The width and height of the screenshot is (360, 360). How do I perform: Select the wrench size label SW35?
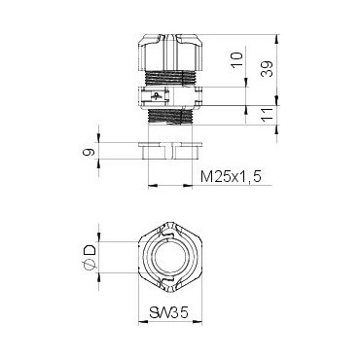tap(167, 314)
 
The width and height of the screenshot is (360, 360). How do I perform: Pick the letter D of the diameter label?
tap(90, 255)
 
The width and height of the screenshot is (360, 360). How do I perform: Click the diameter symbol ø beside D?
tap(90, 269)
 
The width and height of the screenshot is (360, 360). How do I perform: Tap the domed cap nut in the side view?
tap(166, 51)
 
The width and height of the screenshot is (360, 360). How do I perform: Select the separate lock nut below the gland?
tap(166, 150)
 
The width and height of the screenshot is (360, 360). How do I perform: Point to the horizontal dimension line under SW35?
tap(167, 326)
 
